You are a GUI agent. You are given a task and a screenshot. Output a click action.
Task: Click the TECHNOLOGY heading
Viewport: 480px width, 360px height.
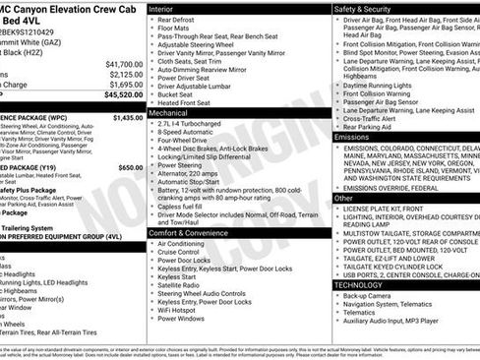point(364,284)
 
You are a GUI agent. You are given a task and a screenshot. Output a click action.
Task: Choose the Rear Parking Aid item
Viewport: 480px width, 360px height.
point(370,126)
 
